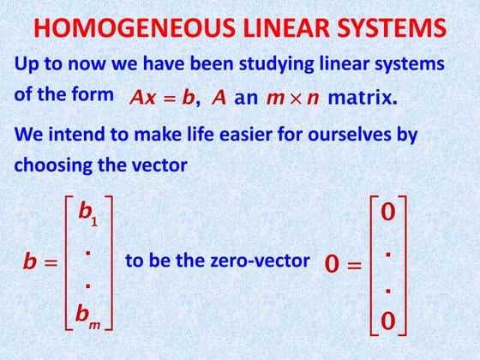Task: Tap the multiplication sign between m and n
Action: [290, 98]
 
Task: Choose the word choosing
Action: [51, 165]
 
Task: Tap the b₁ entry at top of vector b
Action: [88, 213]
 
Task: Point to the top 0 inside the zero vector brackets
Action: [387, 213]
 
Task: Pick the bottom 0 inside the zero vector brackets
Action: [387, 321]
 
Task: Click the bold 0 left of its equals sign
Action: [333, 265]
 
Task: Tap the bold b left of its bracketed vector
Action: [31, 263]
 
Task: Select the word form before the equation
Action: [93, 94]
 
